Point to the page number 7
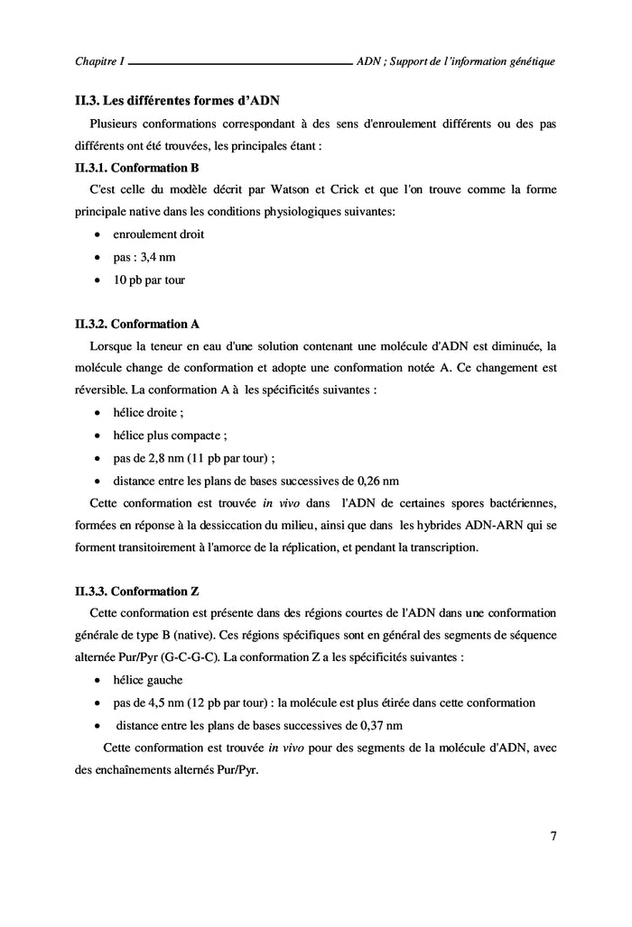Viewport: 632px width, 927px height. (x=553, y=835)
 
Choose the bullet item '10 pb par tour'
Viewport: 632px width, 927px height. (x=149, y=280)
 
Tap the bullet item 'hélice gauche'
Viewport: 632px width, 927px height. (x=148, y=680)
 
